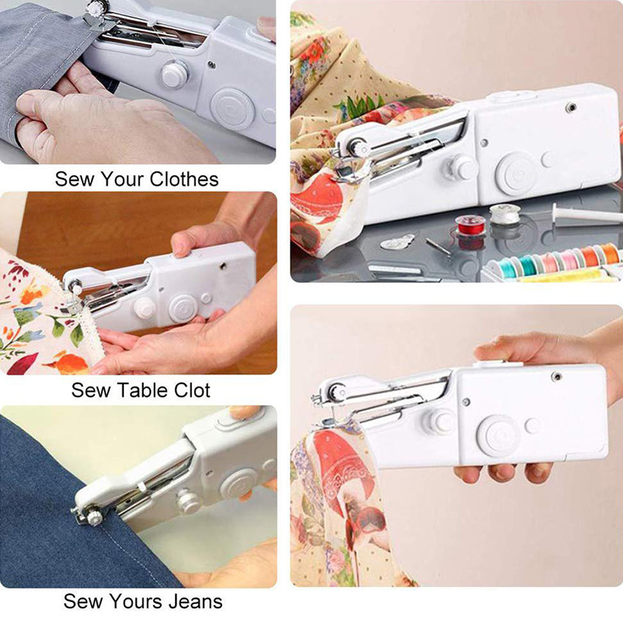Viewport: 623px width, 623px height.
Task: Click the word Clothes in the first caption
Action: pyautogui.click(x=184, y=179)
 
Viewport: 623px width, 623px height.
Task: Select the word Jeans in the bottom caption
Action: pyautogui.click(x=196, y=601)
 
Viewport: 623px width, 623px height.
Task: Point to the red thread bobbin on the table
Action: pyautogui.click(x=471, y=226)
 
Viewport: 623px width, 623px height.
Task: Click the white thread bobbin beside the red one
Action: pyautogui.click(x=504, y=215)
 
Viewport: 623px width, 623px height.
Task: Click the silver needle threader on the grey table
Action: pyautogui.click(x=397, y=242)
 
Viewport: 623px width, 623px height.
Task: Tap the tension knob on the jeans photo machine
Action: pyautogui.click(x=188, y=501)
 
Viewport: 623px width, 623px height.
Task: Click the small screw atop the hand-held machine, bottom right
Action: pyautogui.click(x=556, y=376)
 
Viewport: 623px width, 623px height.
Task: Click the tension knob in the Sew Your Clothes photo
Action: pyautogui.click(x=174, y=74)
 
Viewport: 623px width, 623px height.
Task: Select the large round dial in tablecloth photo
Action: pyautogui.click(x=183, y=309)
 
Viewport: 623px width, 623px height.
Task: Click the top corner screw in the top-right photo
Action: pyautogui.click(x=571, y=106)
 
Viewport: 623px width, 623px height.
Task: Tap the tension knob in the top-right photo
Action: pyautogui.click(x=461, y=168)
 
